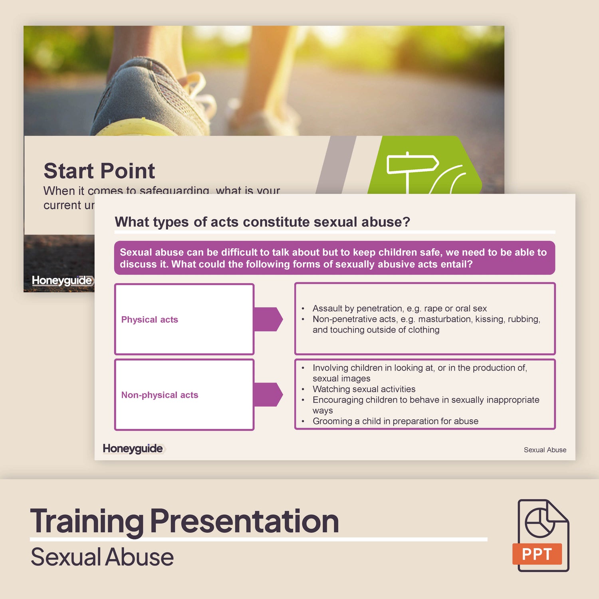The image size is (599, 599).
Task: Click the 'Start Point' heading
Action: click(99, 171)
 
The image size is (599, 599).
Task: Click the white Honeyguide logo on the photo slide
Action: click(62, 280)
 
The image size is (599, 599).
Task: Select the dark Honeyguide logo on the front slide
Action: click(133, 448)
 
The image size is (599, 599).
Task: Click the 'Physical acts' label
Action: click(150, 319)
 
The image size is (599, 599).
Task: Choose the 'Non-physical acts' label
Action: click(160, 395)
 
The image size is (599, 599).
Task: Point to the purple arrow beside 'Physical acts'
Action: click(268, 319)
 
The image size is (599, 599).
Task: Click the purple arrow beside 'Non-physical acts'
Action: click(268, 395)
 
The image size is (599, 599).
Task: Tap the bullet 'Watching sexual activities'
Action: click(364, 389)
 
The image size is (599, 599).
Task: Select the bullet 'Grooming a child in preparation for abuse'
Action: click(395, 421)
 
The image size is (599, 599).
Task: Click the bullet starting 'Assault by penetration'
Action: click(399, 308)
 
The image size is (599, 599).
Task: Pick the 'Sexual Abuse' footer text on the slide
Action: click(545, 450)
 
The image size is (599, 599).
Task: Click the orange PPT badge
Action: click(537, 554)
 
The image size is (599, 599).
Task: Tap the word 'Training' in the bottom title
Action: click(87, 521)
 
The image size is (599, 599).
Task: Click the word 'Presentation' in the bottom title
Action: click(244, 521)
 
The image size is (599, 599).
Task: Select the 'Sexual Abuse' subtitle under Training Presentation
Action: click(102, 557)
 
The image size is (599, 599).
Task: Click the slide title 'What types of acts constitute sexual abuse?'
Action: click(262, 222)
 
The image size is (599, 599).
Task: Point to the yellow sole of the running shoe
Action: click(136, 128)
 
